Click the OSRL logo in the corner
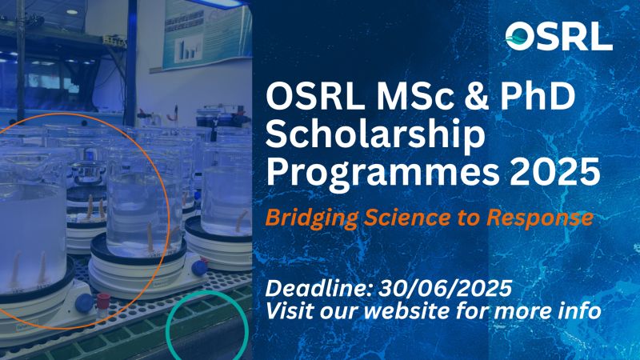(x=558, y=36)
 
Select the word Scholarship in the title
(x=375, y=136)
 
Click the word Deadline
(x=319, y=289)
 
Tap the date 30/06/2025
(x=445, y=289)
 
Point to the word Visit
(x=290, y=310)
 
